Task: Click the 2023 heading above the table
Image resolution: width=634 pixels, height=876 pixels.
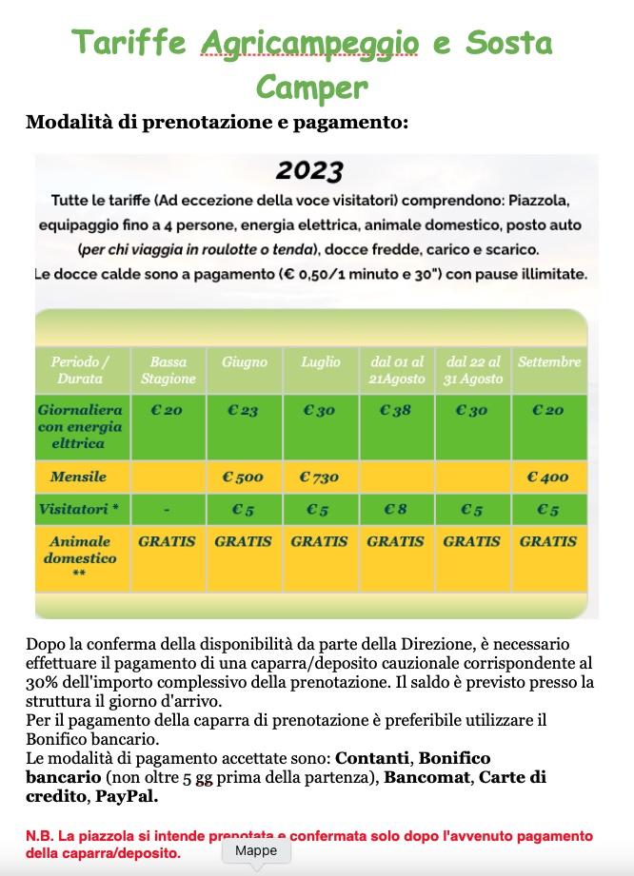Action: pyautogui.click(x=309, y=171)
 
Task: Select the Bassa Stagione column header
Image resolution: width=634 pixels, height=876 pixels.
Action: pyautogui.click(x=168, y=370)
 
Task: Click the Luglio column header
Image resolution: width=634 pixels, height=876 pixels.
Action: pyautogui.click(x=320, y=362)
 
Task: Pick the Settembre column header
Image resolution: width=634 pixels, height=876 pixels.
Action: pyautogui.click(x=549, y=362)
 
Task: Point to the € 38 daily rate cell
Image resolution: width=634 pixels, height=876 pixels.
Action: pyautogui.click(x=395, y=411)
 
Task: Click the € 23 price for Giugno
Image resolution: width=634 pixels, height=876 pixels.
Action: pyautogui.click(x=244, y=411)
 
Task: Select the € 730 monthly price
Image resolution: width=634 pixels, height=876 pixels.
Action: pyautogui.click(x=320, y=477)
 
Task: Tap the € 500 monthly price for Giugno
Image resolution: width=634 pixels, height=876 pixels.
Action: pyautogui.click(x=244, y=477)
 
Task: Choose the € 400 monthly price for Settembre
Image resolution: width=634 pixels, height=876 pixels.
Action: pyautogui.click(x=548, y=477)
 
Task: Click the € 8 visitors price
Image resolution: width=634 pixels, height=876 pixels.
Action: pyautogui.click(x=395, y=509)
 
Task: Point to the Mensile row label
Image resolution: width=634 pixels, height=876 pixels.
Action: pyautogui.click(x=79, y=476)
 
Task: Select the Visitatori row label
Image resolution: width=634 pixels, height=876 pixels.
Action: pyautogui.click(x=79, y=509)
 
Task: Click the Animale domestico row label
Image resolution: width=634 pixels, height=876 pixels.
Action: pyautogui.click(x=80, y=550)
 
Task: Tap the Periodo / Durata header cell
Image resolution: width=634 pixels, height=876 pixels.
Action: pyautogui.click(x=80, y=370)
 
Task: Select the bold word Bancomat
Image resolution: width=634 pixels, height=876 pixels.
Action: pyautogui.click(x=426, y=777)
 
